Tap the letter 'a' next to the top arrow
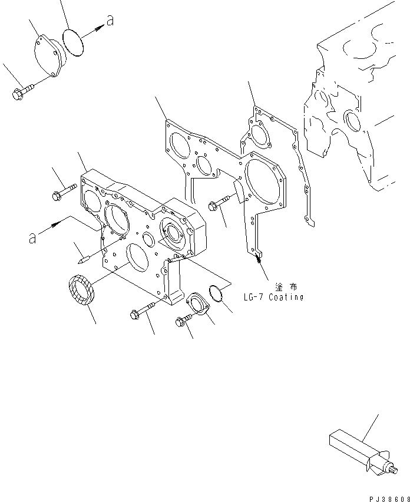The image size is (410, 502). click(x=109, y=22)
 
